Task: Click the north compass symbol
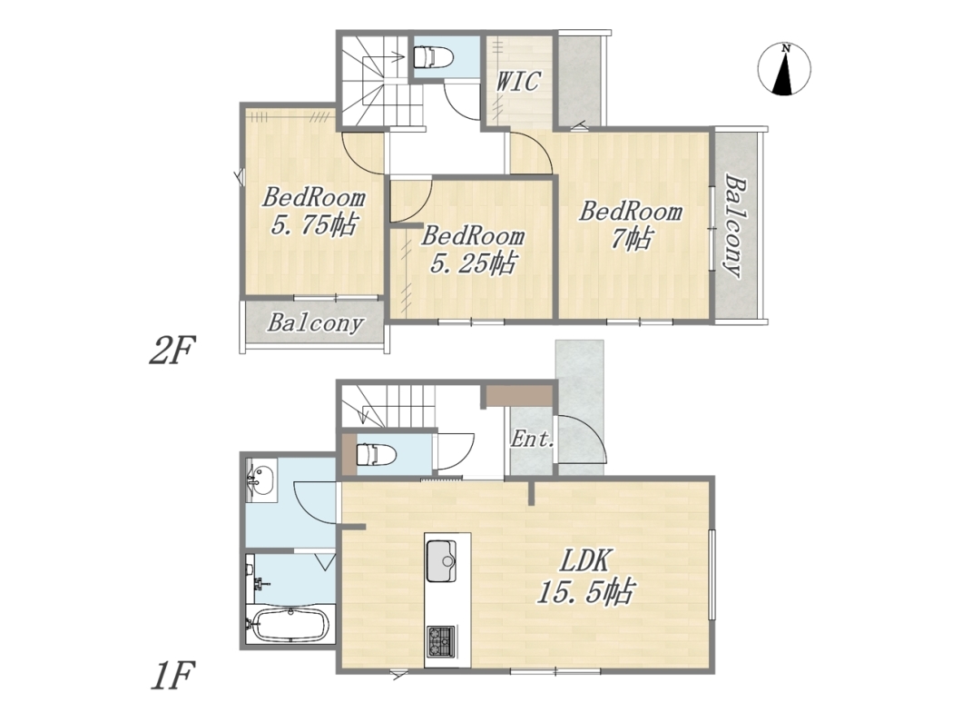(784, 69)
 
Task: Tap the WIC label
(518, 81)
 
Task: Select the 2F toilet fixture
(434, 58)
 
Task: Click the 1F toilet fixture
(377, 455)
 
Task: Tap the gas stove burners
(441, 641)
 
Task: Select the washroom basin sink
(261, 479)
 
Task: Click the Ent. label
(533, 439)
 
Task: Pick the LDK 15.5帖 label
(584, 577)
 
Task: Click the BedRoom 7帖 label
(632, 224)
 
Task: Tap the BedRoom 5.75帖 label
(313, 212)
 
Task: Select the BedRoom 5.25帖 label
(473, 249)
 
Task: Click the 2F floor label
(172, 351)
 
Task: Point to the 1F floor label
(172, 675)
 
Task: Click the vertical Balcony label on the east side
(734, 226)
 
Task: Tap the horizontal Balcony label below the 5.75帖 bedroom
(315, 323)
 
